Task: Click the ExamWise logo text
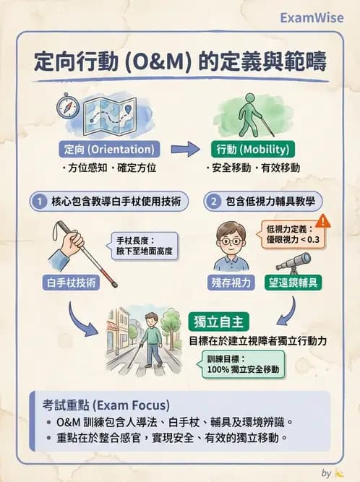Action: coord(312,17)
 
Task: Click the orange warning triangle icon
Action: coord(322,220)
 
